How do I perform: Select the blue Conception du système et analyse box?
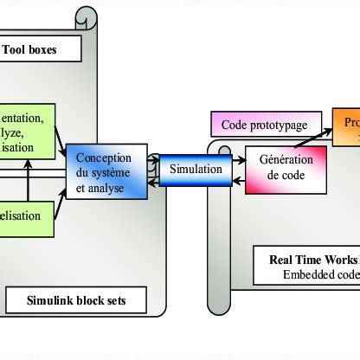pyautogui.click(x=104, y=170)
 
